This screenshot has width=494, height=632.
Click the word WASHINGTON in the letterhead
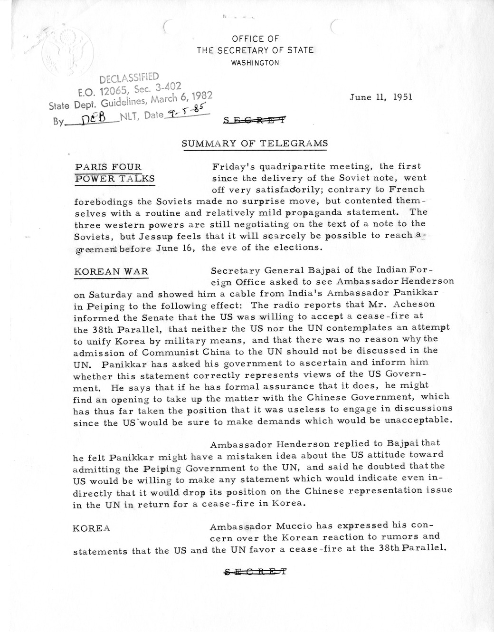(x=256, y=62)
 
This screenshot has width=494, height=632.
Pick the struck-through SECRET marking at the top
(x=256, y=120)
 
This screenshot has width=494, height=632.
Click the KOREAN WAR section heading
(x=111, y=271)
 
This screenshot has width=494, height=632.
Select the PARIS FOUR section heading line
(x=108, y=167)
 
